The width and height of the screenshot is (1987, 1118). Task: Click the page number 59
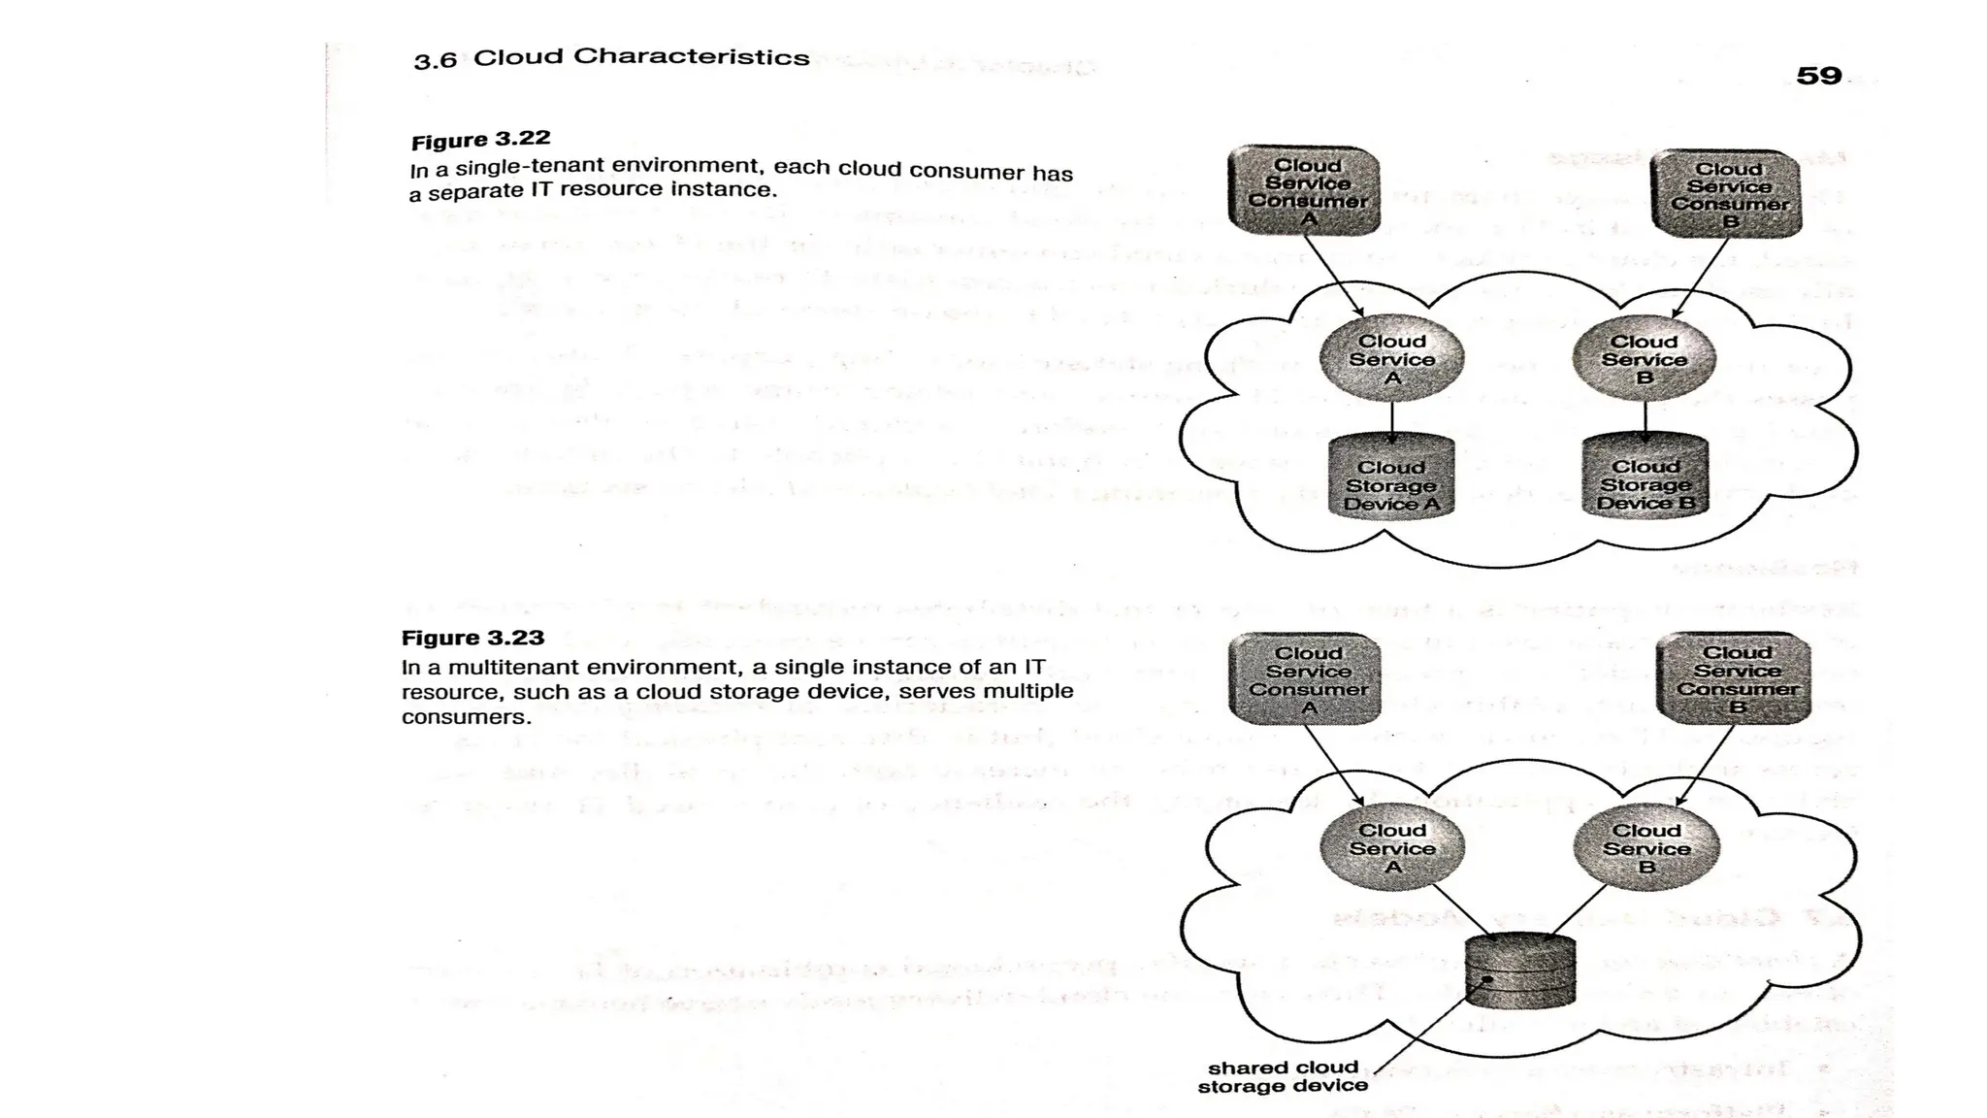(x=1818, y=76)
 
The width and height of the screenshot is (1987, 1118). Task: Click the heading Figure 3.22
(x=480, y=140)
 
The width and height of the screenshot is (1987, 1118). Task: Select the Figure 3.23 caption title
(x=472, y=638)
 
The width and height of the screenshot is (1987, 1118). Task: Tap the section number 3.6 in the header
(x=435, y=61)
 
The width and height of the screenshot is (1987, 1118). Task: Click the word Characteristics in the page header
(x=691, y=56)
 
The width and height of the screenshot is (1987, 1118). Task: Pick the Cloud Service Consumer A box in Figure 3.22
(x=1304, y=190)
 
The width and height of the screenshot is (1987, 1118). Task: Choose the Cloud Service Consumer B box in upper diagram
(x=1726, y=193)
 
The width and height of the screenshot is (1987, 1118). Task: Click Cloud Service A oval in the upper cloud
(x=1391, y=358)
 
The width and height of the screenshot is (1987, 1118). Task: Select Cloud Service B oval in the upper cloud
(x=1644, y=358)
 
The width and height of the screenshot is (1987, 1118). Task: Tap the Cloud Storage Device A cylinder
(x=1390, y=478)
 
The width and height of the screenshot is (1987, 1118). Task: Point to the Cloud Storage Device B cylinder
(x=1645, y=477)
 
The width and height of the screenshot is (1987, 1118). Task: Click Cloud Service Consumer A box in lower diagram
(x=1305, y=678)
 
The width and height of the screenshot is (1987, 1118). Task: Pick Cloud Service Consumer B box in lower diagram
(x=1735, y=677)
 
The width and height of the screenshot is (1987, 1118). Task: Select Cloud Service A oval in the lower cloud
(x=1392, y=847)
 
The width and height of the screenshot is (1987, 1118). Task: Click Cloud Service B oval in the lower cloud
(x=1645, y=847)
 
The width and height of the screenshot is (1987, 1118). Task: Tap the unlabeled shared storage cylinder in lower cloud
(x=1520, y=970)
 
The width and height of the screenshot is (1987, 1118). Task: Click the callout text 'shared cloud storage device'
(x=1282, y=1076)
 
